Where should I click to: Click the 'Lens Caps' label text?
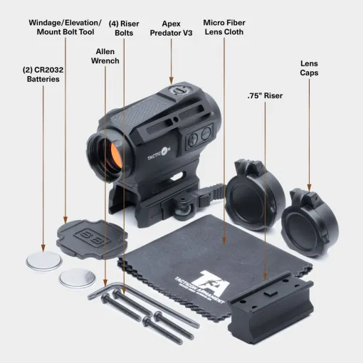coord(309,68)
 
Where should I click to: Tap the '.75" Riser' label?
coord(265,95)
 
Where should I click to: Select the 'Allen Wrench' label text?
coord(105,56)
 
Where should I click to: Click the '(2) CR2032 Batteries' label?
coord(43,74)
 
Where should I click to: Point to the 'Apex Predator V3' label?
coord(171,28)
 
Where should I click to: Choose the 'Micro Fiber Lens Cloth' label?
coord(224,27)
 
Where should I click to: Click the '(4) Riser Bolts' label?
coord(124,28)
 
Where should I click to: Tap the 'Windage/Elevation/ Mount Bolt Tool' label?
coord(65,27)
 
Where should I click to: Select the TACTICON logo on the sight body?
coord(159,154)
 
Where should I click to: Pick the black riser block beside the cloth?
coord(270,307)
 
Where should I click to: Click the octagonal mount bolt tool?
coord(92,239)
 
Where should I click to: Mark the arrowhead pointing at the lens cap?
coord(309,188)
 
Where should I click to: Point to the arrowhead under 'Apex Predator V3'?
coord(171,80)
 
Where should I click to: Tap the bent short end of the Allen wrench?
coord(95,293)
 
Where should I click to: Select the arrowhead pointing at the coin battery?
coord(43,248)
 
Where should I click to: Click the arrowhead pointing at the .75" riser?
coord(265,277)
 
